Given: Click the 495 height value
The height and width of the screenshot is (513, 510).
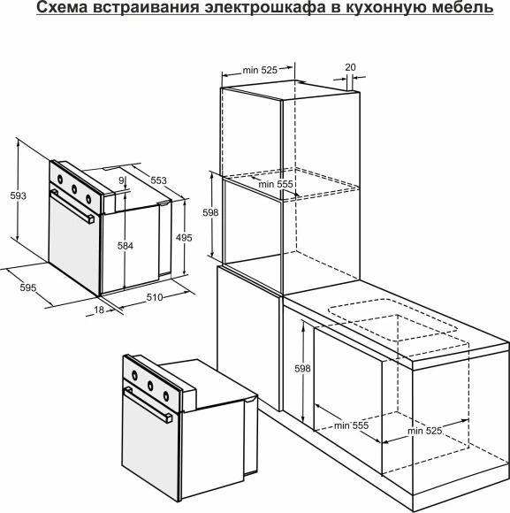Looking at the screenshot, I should [x=184, y=237].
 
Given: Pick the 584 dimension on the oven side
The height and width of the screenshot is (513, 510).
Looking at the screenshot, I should [x=126, y=247].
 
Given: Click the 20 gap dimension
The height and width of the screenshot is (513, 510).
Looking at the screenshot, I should [x=350, y=67].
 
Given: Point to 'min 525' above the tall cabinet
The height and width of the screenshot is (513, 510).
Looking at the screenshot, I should [x=261, y=70].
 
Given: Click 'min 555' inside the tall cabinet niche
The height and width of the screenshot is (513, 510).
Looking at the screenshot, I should [x=276, y=184].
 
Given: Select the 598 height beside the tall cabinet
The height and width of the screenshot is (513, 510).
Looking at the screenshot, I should [x=209, y=213].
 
